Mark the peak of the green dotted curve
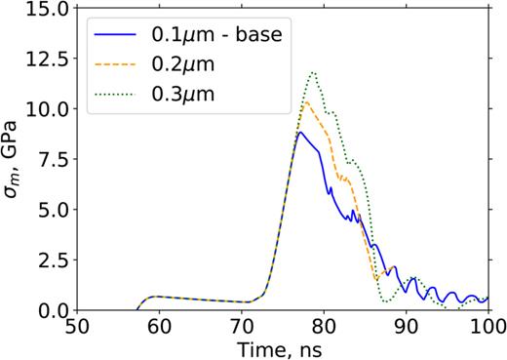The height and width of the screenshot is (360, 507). click(x=313, y=72)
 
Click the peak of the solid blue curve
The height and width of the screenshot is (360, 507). click(x=300, y=133)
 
